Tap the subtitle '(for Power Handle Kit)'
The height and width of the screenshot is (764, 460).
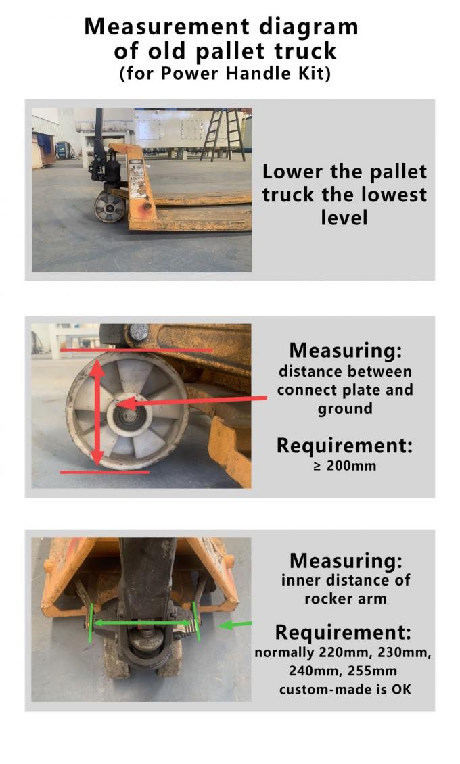(225, 74)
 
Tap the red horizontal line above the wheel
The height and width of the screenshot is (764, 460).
(136, 351)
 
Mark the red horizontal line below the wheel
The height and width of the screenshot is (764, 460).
(104, 472)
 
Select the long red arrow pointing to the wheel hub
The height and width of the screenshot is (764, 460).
(196, 401)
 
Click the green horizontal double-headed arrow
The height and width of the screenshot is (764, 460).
(142, 623)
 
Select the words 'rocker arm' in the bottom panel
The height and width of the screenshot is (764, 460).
(345, 598)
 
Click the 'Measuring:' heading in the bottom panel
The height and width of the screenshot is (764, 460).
(345, 560)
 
